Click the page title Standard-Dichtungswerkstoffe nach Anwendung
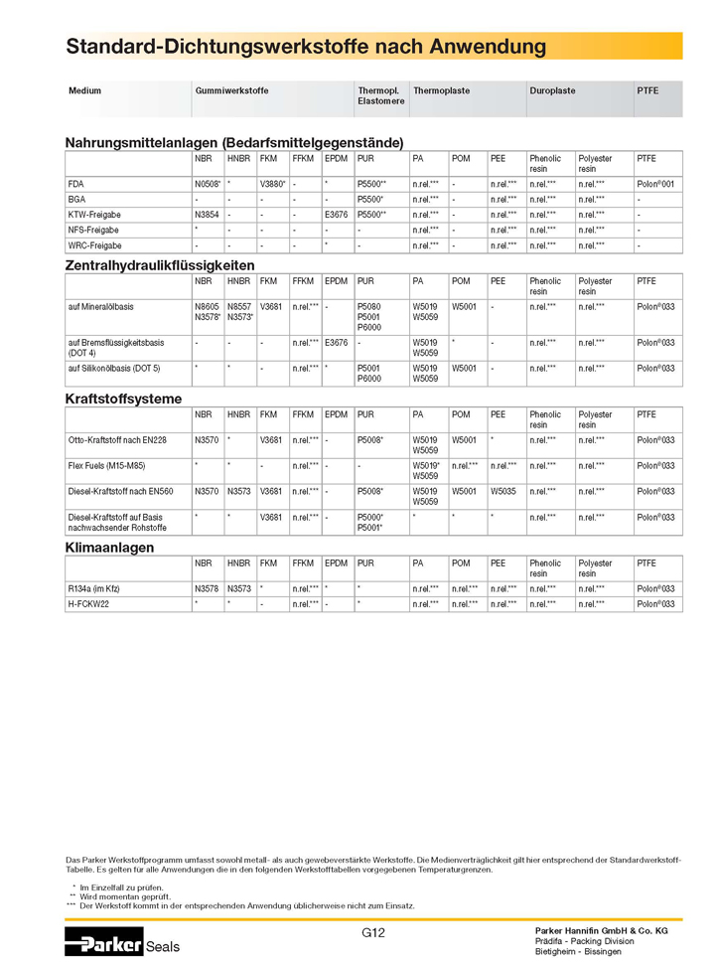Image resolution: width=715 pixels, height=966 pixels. (x=306, y=47)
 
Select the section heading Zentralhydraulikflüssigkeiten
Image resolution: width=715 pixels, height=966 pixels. (x=160, y=265)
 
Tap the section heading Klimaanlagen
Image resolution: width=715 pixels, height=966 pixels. (x=109, y=548)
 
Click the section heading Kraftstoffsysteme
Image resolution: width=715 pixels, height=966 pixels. (x=123, y=399)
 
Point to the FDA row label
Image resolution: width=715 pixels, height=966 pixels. (x=76, y=184)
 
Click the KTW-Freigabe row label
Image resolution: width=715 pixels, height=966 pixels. (x=92, y=215)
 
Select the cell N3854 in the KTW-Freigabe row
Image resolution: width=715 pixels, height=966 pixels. (x=207, y=215)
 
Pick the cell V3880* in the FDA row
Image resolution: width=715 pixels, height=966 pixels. (x=273, y=184)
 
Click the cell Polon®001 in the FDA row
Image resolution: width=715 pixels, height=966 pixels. (x=655, y=184)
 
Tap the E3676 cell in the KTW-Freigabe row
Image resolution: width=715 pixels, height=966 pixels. (x=336, y=215)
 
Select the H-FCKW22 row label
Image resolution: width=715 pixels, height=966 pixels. (x=89, y=604)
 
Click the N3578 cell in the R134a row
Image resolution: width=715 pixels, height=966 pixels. (x=207, y=589)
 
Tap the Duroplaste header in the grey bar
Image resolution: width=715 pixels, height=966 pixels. (x=553, y=90)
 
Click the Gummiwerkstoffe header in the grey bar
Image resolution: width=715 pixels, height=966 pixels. (x=232, y=90)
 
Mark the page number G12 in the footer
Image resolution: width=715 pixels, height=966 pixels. (x=373, y=932)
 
